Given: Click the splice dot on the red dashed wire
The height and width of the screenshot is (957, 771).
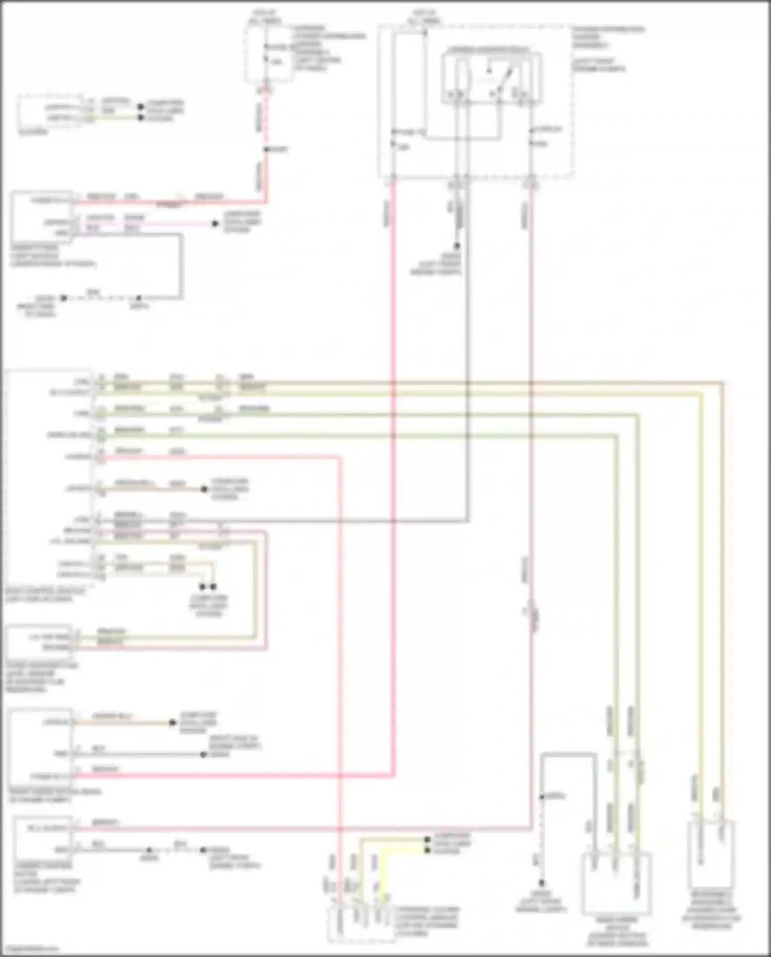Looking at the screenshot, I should [x=266, y=149].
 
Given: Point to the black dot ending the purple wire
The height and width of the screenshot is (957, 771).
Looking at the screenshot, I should [x=216, y=224].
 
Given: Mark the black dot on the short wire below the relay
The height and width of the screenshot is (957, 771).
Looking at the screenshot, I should [x=456, y=246].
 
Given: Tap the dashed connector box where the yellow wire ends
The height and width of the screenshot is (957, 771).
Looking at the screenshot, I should [x=361, y=926].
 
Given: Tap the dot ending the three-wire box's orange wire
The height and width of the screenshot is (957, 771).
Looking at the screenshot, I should [x=173, y=723].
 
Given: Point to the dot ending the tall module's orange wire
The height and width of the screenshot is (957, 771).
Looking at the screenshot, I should [x=204, y=489].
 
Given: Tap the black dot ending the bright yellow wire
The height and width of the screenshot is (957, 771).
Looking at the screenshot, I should [x=427, y=851].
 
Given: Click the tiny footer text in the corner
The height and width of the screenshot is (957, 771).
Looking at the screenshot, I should [x=30, y=949].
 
